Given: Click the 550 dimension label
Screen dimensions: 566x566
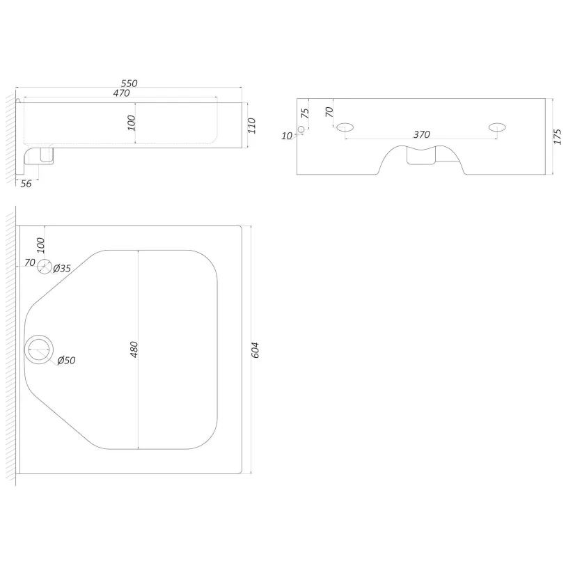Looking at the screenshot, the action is tap(129, 84).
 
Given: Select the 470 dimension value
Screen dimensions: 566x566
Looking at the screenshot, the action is tap(121, 93).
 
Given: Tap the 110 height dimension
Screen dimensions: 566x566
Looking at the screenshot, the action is tap(252, 125).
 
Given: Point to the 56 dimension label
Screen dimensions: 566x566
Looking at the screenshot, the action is tap(26, 184).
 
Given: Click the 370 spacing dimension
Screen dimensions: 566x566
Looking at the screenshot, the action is tap(421, 134).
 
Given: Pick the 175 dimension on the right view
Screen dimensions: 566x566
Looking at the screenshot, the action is tap(558, 136).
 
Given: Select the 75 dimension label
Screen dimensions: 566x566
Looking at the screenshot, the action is tap(305, 113).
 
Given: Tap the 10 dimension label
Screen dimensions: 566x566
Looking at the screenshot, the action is tap(287, 136).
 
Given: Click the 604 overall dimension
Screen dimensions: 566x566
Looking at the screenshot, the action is tap(255, 349).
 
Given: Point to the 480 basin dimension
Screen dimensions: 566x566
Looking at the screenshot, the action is tap(134, 349).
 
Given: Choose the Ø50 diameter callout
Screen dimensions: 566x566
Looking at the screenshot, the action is tap(66, 360).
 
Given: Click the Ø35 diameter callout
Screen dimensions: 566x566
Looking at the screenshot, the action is tap(62, 268).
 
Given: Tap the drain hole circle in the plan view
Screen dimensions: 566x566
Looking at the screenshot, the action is tap(39, 349).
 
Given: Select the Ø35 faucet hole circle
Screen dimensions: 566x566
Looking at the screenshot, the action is tap(45, 267).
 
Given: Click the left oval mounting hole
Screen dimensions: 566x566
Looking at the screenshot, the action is tap(345, 127).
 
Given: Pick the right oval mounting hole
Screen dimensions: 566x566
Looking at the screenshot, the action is tap(497, 127).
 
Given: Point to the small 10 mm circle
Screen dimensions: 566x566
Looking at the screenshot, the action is tap(301, 129).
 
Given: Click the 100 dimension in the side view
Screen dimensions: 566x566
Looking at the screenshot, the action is tap(132, 123).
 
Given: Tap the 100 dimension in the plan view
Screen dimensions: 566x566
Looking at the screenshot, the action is tap(41, 246).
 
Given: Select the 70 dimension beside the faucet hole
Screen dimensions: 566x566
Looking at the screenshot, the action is tap(30, 262).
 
